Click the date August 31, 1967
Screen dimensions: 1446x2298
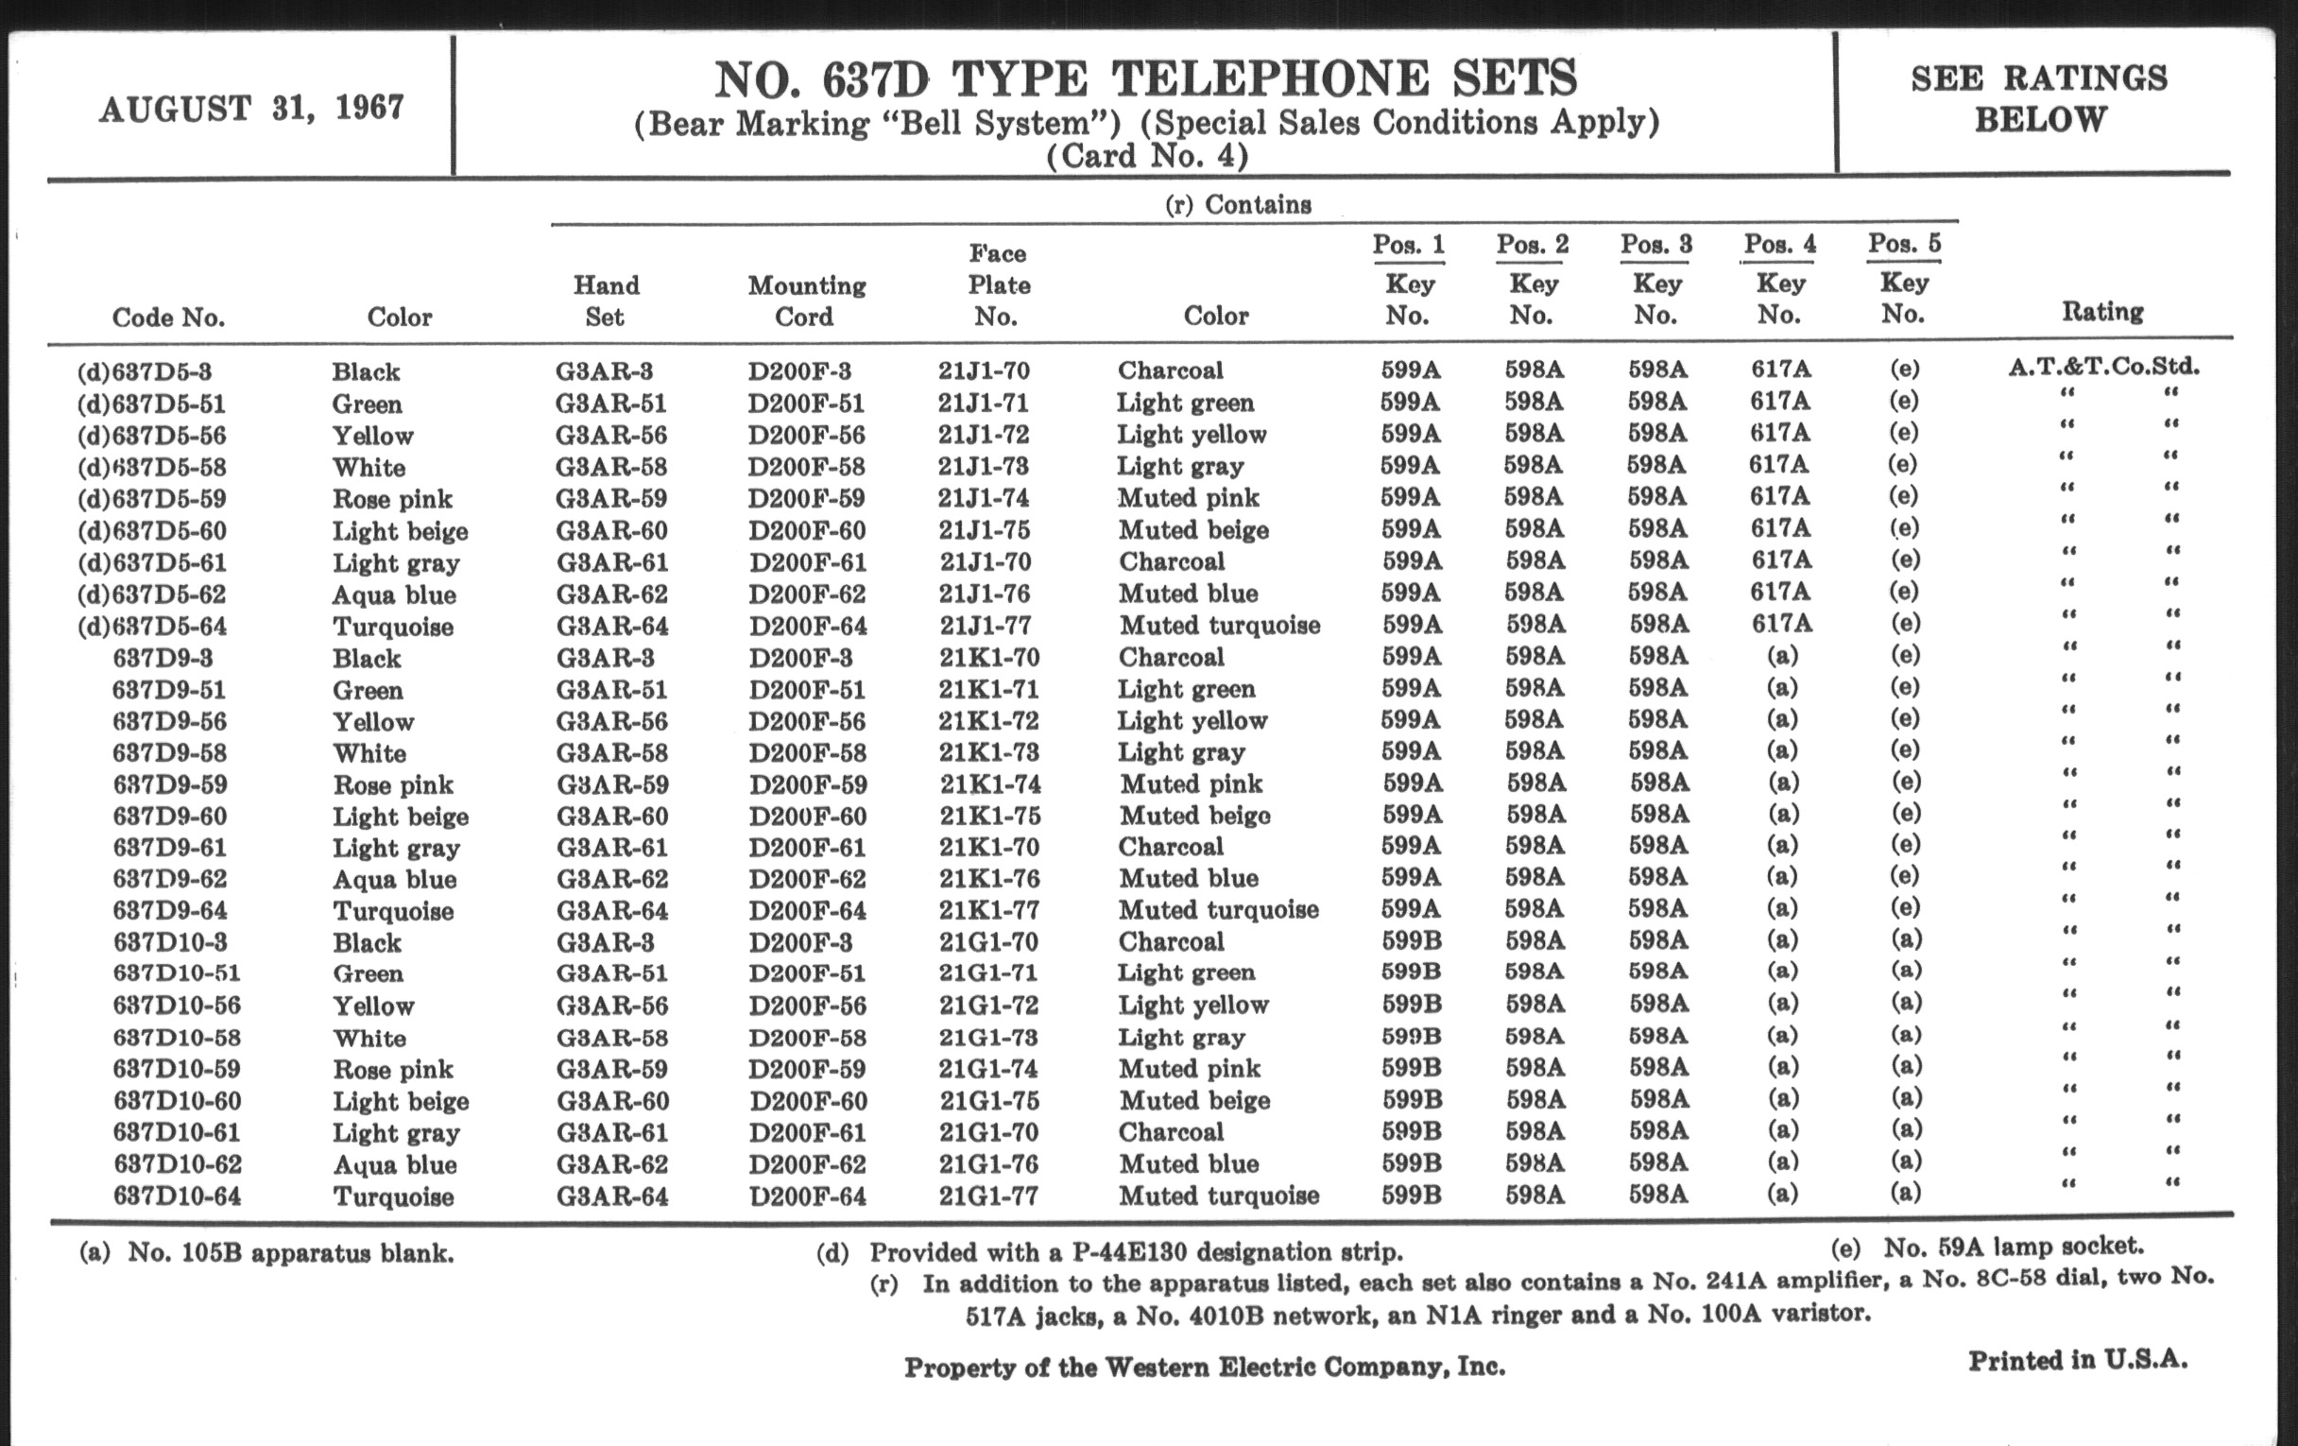coord(251,108)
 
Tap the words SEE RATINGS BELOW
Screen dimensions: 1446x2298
coord(2038,98)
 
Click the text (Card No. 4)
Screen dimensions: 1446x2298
coord(1147,156)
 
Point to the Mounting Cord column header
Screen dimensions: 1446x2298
coord(806,301)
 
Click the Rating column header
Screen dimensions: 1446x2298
coord(2102,311)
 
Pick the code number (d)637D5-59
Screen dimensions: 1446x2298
coord(152,499)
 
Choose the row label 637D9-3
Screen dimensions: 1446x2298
coord(163,658)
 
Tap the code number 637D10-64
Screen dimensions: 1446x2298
coord(177,1196)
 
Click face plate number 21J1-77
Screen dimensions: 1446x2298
coord(984,625)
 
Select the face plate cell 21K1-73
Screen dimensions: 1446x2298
coord(988,752)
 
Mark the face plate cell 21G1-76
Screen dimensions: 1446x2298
coord(987,1163)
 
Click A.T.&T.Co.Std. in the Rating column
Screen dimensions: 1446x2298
coord(2103,367)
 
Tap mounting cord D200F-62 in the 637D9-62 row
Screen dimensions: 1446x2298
coord(807,878)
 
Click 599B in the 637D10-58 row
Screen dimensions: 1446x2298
coord(1412,1036)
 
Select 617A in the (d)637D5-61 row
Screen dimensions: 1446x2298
coord(1781,559)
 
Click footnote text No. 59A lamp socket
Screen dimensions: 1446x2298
coord(2013,1247)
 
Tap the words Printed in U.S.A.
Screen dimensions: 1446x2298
coord(2077,1360)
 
